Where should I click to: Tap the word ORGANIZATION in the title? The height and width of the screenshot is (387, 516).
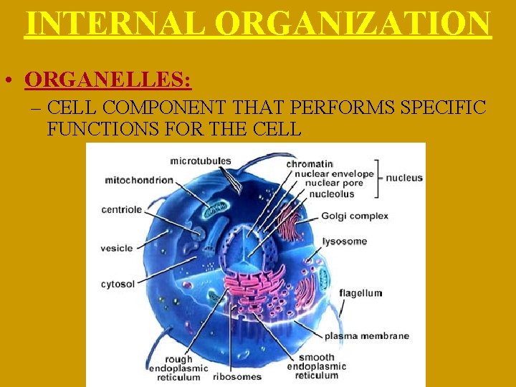click(356, 23)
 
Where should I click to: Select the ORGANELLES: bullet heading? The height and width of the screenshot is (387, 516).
click(107, 79)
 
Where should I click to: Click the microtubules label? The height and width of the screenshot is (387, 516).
click(201, 160)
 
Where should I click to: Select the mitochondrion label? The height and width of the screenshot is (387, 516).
click(139, 180)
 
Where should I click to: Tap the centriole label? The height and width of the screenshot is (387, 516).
click(123, 210)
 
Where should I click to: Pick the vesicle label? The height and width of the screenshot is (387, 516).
click(117, 248)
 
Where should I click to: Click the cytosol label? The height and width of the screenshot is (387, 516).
click(118, 284)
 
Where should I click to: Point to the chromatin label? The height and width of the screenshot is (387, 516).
click(310, 164)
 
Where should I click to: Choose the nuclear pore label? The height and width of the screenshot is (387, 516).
click(335, 183)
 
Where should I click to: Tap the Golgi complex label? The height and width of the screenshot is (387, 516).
click(355, 216)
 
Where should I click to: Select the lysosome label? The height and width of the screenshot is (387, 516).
click(345, 242)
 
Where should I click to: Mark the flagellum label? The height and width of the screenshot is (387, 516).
click(360, 292)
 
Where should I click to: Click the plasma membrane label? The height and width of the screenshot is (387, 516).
click(367, 335)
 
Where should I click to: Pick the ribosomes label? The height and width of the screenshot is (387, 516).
click(237, 376)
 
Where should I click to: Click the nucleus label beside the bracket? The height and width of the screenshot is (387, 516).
click(404, 178)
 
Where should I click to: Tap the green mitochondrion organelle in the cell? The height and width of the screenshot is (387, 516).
click(216, 209)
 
